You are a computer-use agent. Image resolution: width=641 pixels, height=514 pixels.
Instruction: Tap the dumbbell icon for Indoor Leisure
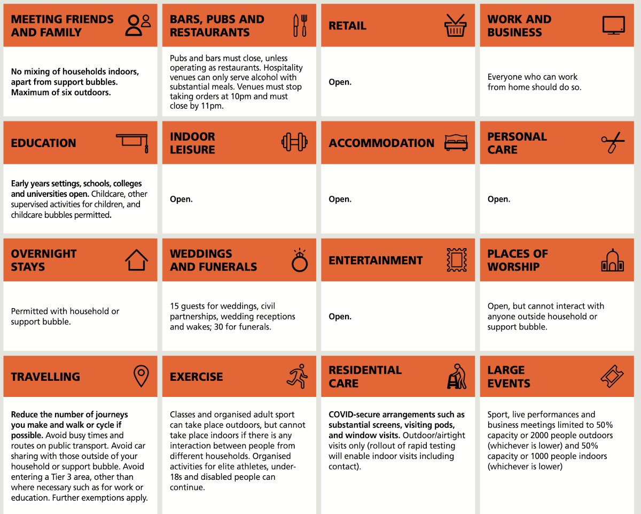(295, 143)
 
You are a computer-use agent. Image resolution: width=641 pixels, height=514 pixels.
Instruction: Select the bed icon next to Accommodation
(456, 143)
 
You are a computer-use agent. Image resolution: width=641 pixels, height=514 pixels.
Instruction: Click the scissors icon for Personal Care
(613, 143)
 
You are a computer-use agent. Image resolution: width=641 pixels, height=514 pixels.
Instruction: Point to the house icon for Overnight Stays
(136, 260)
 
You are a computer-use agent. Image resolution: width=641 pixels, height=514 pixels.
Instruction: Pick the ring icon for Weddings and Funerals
(299, 260)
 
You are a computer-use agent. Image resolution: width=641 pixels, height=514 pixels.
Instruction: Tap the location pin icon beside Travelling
(140, 377)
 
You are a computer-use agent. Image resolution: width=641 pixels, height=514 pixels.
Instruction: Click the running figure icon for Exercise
(297, 376)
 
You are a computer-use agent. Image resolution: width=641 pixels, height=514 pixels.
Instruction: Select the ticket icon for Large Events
(612, 377)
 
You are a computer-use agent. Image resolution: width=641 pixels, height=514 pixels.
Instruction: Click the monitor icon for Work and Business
(613, 25)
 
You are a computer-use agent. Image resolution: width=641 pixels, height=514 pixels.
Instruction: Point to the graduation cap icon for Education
(132, 143)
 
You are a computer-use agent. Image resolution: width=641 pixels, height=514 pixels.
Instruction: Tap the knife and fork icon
(300, 26)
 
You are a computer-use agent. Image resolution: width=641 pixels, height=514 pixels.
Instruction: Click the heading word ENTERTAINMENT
(376, 260)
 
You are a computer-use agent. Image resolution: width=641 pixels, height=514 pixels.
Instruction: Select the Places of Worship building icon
(612, 260)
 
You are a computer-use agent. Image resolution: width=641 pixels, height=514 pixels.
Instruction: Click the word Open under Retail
(340, 82)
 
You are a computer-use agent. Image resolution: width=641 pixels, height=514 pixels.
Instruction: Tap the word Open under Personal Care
(498, 200)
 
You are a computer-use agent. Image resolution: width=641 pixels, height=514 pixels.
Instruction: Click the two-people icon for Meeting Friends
(138, 25)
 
